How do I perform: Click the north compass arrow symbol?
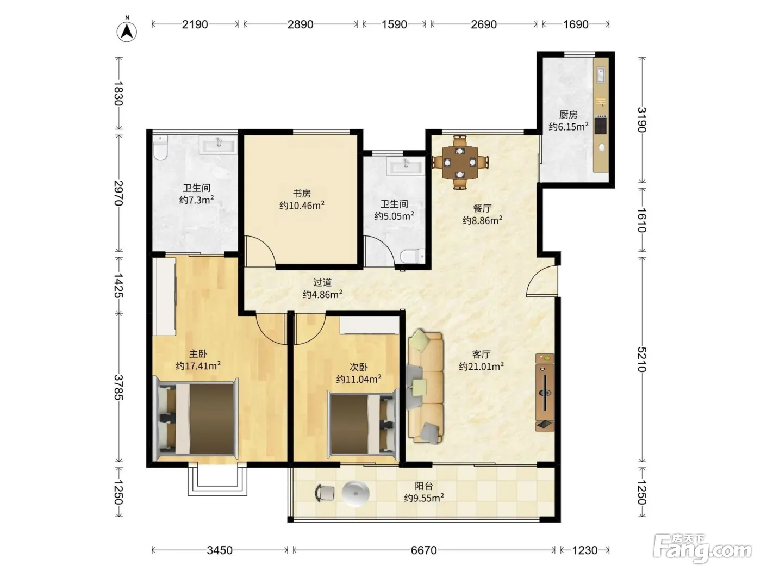click(127, 31)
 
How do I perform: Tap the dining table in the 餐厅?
click(460, 162)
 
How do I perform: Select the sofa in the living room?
click(425, 386)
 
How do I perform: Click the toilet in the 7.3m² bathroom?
click(160, 148)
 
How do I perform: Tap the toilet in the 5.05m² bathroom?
click(413, 256)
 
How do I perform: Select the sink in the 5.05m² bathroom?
click(406, 166)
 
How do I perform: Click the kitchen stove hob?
click(601, 125)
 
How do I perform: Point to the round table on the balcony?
click(355, 493)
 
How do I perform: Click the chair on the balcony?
click(325, 493)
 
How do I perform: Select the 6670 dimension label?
click(423, 550)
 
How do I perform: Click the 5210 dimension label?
click(641, 359)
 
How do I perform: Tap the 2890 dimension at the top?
click(300, 24)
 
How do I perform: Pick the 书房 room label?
click(302, 193)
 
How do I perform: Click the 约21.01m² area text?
click(481, 366)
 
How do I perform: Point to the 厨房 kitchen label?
click(568, 114)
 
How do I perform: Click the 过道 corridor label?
click(322, 282)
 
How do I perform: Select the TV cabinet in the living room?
click(545, 392)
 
